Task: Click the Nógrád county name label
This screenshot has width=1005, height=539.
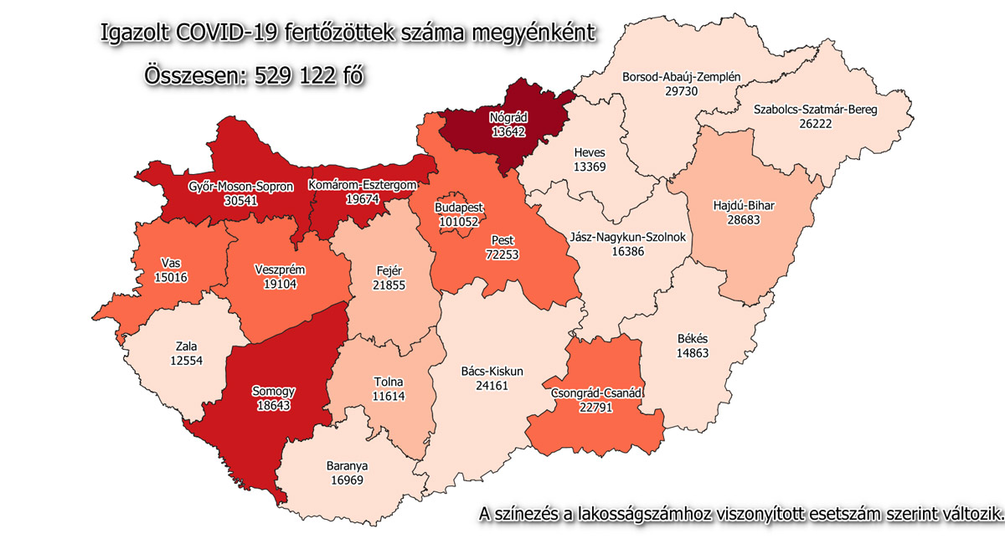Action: (508, 118)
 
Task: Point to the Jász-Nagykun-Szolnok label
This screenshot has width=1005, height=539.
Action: (627, 237)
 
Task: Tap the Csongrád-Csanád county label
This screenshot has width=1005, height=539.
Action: (595, 393)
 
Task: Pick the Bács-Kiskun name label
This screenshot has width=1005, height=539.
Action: (492, 370)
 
